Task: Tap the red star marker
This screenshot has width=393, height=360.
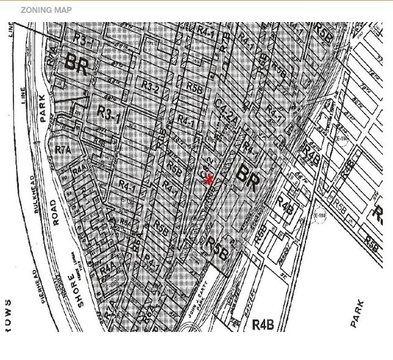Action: [210, 179]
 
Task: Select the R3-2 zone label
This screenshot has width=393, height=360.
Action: [150, 87]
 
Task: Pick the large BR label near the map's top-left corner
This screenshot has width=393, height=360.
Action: [77, 63]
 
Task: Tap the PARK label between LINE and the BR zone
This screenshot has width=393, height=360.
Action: [43, 107]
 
